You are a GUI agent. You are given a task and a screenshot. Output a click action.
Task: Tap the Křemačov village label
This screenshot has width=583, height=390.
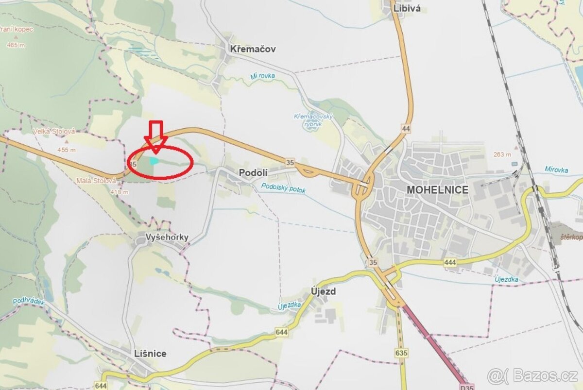click(x=253, y=49)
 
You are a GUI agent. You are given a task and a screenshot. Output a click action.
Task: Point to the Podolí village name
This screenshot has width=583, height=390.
click(x=251, y=172)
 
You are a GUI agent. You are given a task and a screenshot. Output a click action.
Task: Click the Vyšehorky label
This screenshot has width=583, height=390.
click(x=167, y=237)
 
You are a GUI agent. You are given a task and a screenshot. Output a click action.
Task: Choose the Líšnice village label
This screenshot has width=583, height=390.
click(x=150, y=353)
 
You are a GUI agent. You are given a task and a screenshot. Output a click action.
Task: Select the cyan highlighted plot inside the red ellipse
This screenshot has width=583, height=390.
click(x=154, y=160)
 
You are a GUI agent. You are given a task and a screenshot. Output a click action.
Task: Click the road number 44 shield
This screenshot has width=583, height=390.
click(x=406, y=129)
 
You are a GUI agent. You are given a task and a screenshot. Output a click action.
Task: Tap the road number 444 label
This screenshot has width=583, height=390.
click(x=450, y=262)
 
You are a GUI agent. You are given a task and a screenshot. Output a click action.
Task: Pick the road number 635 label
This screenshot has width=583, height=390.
click(x=401, y=353)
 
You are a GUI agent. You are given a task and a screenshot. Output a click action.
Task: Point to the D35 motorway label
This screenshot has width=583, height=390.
click(x=466, y=387)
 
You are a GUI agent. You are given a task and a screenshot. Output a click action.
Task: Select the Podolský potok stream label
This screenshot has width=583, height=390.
click(x=283, y=188)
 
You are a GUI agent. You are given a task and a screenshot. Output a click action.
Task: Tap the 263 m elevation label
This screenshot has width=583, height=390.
click(x=502, y=154)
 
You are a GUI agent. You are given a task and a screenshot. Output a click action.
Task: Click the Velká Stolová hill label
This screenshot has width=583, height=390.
click(x=54, y=131)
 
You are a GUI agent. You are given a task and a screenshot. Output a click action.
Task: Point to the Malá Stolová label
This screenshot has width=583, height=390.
click(x=96, y=181)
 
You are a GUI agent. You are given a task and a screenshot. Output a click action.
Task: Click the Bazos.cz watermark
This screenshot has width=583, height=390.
click(x=533, y=376)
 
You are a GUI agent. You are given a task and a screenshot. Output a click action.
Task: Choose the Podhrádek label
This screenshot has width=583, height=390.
click(x=29, y=302)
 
